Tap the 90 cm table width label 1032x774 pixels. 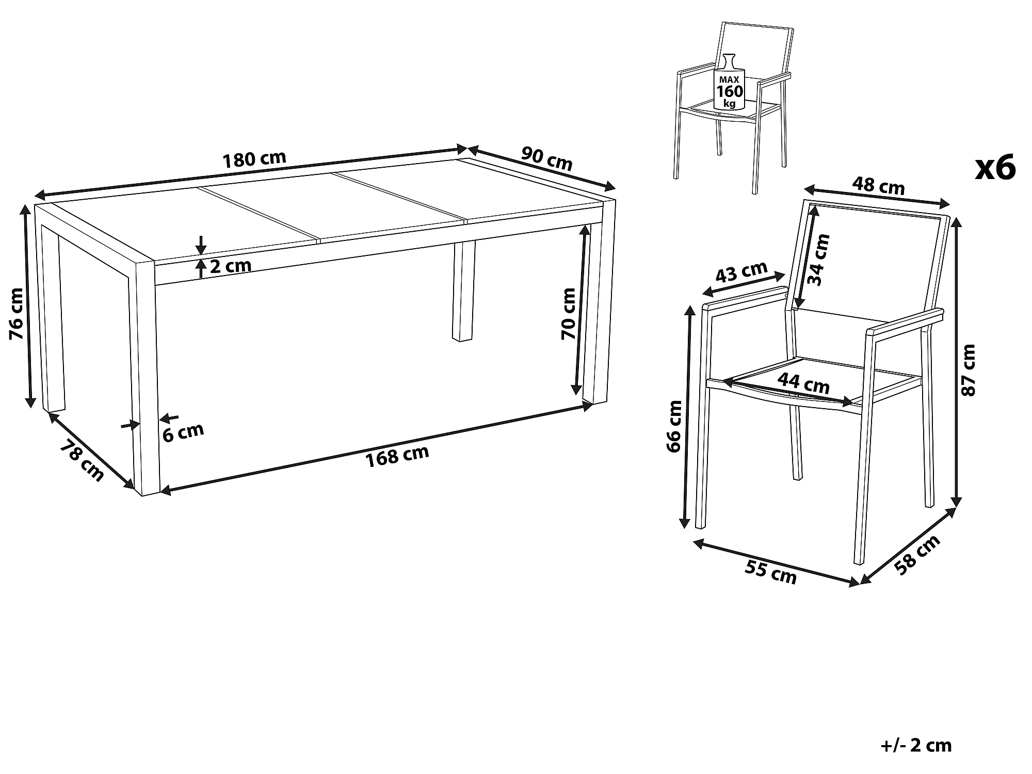547,158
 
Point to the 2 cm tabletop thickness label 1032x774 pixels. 231,266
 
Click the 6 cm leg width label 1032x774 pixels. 183,432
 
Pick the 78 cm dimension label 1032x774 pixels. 82,460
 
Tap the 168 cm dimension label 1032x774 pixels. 397,456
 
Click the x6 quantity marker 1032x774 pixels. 995,168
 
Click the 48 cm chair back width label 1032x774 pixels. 878,185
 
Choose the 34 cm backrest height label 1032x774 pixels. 818,260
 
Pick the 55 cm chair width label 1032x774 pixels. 771,572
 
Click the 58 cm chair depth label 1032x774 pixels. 918,555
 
